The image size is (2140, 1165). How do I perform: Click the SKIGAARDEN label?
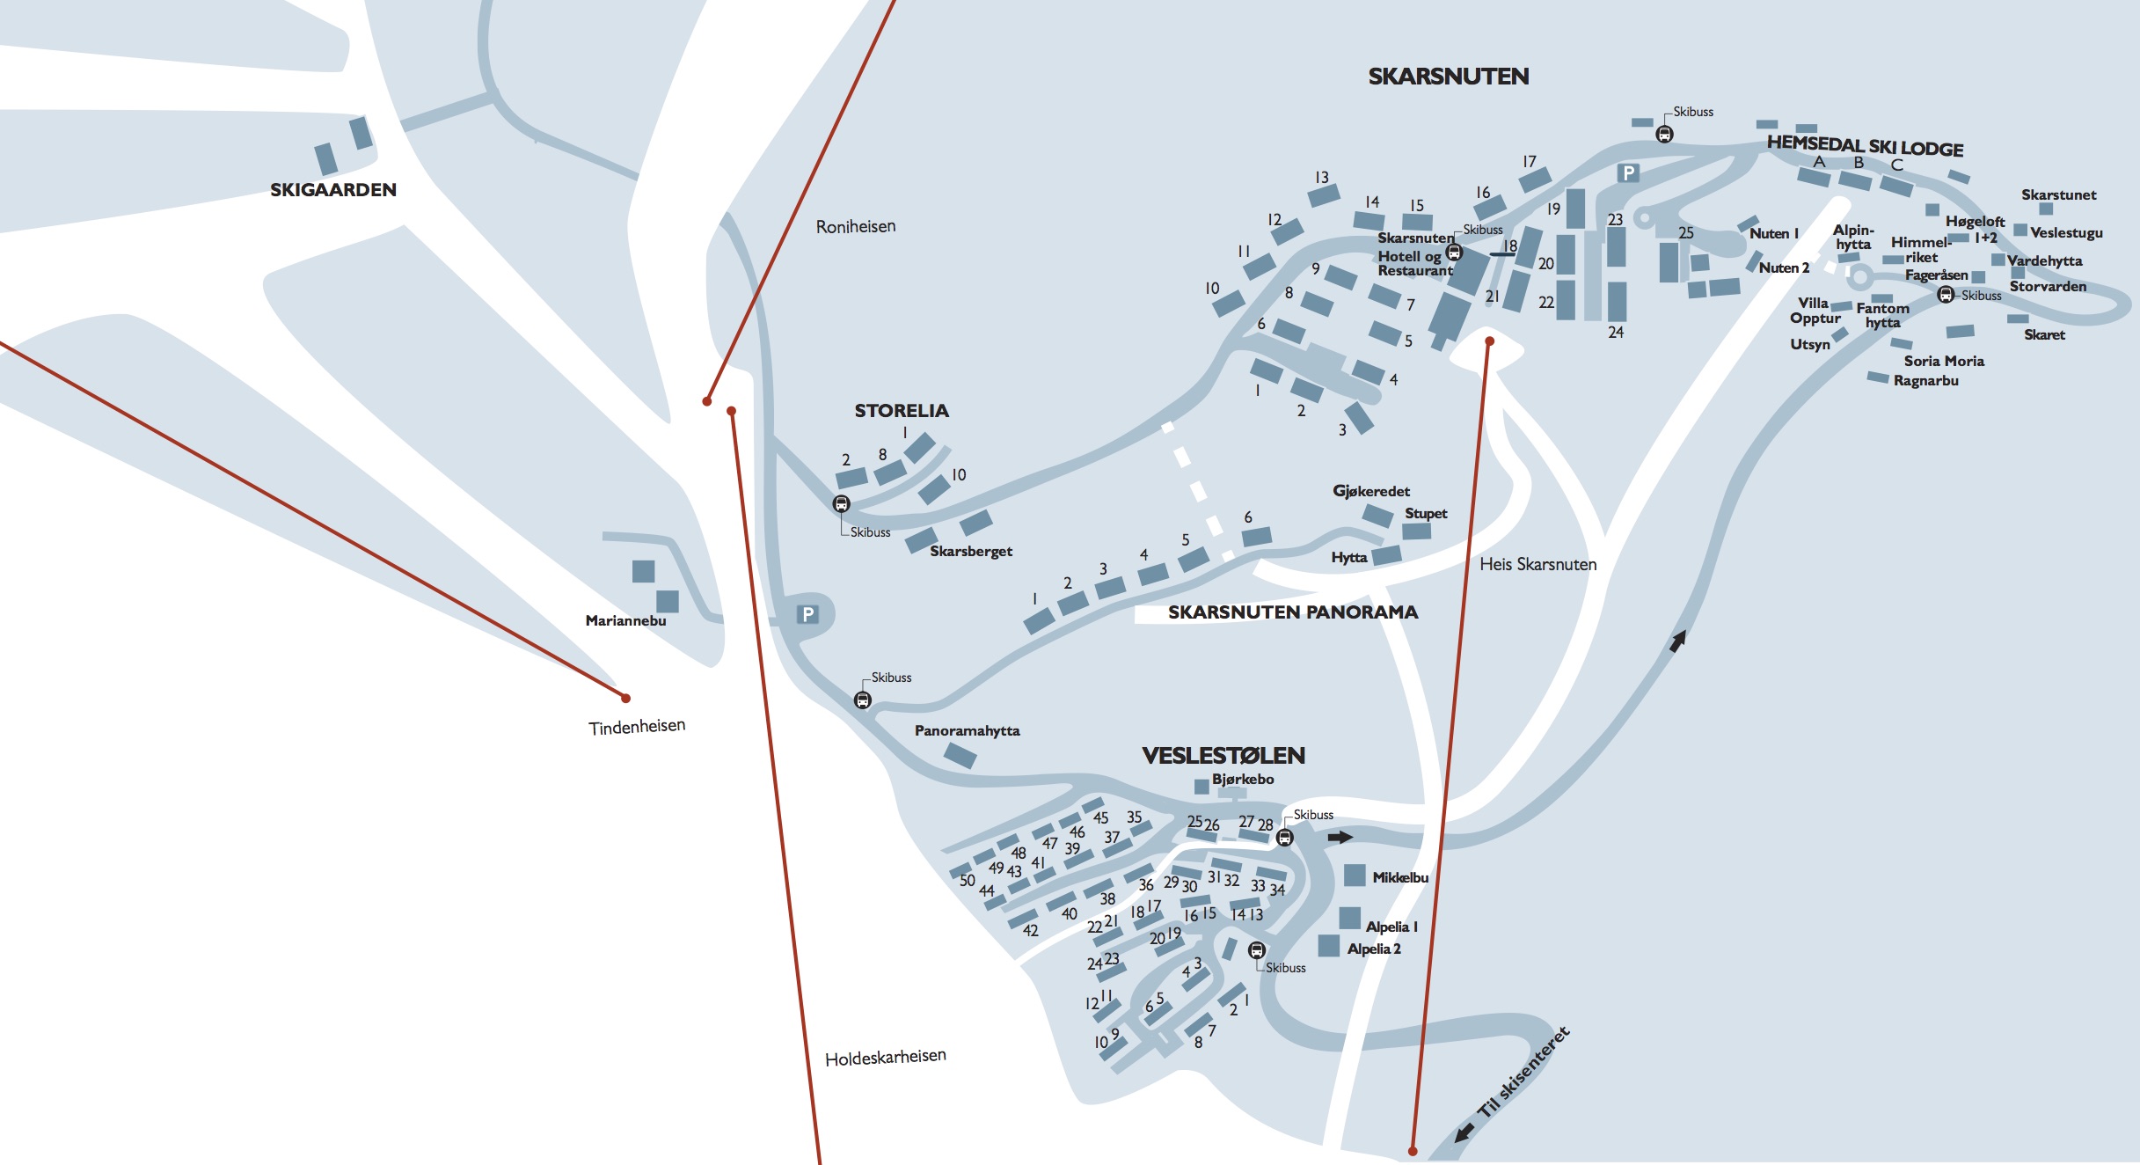point(333,190)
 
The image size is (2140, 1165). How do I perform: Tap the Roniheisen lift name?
point(856,226)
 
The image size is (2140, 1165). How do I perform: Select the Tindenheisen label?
point(637,727)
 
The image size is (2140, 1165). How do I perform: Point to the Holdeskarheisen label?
point(886,1057)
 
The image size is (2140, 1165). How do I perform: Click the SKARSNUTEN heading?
point(1449,77)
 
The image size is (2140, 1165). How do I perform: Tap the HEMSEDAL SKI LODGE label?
point(1866,146)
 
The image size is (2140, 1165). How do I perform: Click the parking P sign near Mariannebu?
point(808,614)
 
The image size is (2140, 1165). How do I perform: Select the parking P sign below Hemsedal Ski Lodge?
point(1629,173)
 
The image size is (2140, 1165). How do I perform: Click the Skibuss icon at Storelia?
point(842,504)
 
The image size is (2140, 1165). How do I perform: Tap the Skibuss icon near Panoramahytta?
point(863,700)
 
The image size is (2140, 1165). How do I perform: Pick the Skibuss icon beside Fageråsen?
point(1946,295)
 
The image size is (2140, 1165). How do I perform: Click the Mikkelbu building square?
point(1355,876)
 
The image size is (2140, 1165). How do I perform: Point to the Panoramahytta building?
point(960,755)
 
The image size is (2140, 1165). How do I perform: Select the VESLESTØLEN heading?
point(1223,756)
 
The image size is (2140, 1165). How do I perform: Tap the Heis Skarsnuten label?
point(1538,565)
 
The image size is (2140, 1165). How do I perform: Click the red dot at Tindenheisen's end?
point(626,699)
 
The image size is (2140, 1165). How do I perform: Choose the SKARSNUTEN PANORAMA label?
point(1293,612)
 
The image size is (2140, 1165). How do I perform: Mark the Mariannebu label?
point(626,621)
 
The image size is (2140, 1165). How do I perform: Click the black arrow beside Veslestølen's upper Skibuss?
point(1340,838)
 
